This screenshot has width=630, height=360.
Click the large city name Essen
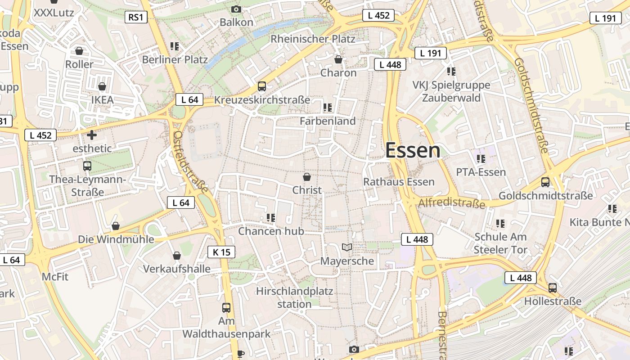pos(413,150)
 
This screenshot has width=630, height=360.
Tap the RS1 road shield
pos(135,18)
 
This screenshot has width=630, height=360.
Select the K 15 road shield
pos(221,252)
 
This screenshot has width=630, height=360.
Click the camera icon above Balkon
pos(236,9)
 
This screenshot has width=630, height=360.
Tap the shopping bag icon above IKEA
pos(102,86)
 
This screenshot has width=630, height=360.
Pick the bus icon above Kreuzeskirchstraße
pos(262,86)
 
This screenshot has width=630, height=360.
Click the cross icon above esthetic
pos(92,135)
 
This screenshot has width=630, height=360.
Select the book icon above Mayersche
pos(347,247)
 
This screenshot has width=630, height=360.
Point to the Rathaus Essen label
pos(399,182)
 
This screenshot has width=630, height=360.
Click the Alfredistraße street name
pos(452,203)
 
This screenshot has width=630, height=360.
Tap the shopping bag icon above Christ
pos(307,177)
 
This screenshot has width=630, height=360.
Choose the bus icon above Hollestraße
pos(553,288)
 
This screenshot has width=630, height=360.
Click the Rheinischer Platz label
pos(313,39)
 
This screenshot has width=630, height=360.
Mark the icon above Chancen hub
pos(270,218)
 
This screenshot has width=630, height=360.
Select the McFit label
pos(55,276)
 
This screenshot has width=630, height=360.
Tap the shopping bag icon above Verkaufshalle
pos(177,256)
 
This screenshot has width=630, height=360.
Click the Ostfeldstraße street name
pos(191,162)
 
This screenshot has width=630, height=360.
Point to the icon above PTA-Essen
pos(481,158)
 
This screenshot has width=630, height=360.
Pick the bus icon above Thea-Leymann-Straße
pos(87,166)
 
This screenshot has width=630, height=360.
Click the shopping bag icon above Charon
pos(338,59)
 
